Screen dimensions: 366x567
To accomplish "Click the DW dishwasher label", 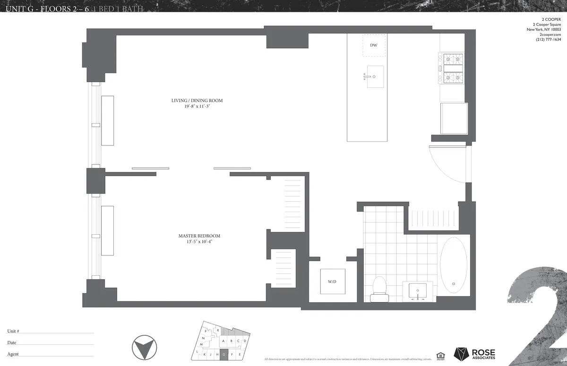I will pos(373,45).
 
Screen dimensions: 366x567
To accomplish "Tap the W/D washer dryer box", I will pos(333,282).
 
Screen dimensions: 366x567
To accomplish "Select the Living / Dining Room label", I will pos(197,101).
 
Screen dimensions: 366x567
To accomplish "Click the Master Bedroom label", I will pos(199,236).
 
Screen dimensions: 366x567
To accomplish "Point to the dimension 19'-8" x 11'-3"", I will pos(197,107).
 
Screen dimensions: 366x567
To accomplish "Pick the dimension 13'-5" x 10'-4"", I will pos(199,242).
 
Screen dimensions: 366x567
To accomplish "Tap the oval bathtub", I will pos(454,265).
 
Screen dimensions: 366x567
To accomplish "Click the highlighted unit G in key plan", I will pos(224,354).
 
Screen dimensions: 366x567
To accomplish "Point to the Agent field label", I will pos(13,354).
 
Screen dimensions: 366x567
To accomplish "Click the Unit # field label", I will pos(13,332).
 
